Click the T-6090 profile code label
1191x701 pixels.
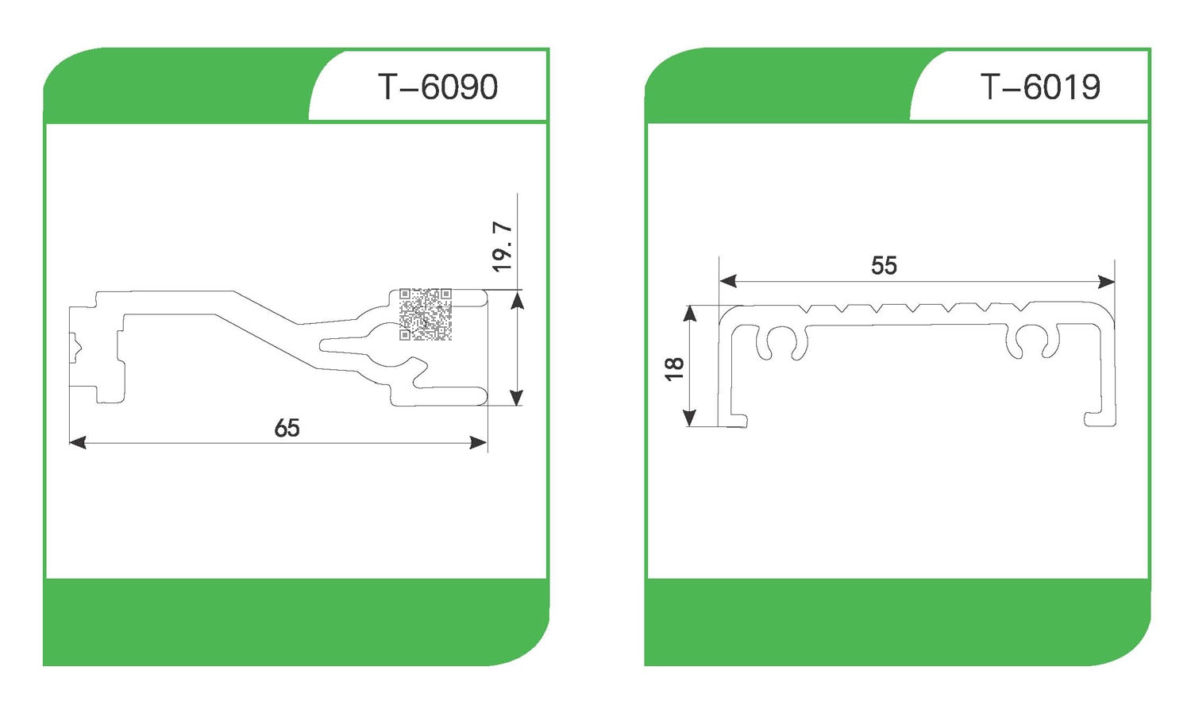tap(437, 87)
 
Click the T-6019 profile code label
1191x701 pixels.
tap(1040, 87)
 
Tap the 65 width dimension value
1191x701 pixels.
tap(287, 428)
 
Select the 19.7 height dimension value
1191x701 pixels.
tap(503, 247)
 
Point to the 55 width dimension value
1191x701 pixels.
tap(884, 265)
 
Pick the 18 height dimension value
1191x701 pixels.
tap(674, 369)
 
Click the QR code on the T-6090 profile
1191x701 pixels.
tap(426, 314)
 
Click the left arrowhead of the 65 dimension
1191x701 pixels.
tap(78, 442)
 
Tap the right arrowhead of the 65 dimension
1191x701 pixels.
tap(479, 442)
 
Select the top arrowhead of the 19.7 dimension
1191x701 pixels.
tap(517, 300)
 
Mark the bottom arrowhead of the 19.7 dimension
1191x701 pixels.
tap(517, 397)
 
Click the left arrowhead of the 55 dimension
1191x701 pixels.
tap(728, 281)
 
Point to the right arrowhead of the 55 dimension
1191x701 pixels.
tap(1107, 281)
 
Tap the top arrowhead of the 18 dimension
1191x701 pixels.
tap(690, 314)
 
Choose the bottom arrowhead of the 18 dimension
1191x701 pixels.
tap(690, 418)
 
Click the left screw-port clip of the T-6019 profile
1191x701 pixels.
tap(781, 343)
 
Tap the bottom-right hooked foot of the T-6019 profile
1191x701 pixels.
tap(1100, 419)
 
